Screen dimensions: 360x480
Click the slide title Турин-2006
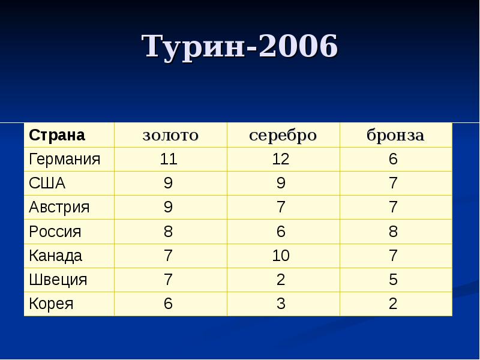pyautogui.click(x=240, y=47)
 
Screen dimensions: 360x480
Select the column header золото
pyautogui.click(x=170, y=135)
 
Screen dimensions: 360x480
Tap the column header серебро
pyautogui.click(x=283, y=135)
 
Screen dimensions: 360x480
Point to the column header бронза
pyautogui.click(x=395, y=135)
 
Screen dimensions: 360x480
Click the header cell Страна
pyautogui.click(x=57, y=135)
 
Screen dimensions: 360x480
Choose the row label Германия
pyautogui.click(x=64, y=160)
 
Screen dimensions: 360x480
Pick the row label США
pyautogui.click(x=47, y=184)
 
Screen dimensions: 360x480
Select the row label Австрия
pyautogui.click(x=59, y=208)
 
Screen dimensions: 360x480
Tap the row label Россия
pyautogui.click(x=55, y=232)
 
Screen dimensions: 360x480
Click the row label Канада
pyautogui.click(x=55, y=256)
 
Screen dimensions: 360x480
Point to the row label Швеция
pyautogui.click(x=58, y=280)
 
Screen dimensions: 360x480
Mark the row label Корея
pyautogui.click(x=51, y=304)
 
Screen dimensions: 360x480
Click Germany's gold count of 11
pyautogui.click(x=169, y=160)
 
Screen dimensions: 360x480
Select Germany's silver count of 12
pyautogui.click(x=281, y=160)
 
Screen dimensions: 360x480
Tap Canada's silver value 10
pyautogui.click(x=281, y=256)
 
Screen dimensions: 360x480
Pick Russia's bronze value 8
pyautogui.click(x=393, y=232)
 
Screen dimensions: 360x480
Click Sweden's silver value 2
pyautogui.click(x=281, y=280)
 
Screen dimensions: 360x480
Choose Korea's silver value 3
pyautogui.click(x=281, y=304)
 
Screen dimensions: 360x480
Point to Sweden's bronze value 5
pyautogui.click(x=393, y=280)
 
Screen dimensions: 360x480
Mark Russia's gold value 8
pyautogui.click(x=169, y=232)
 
